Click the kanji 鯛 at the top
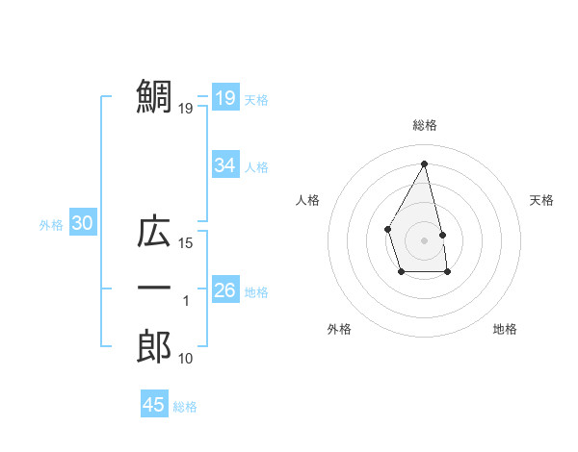pyautogui.click(x=154, y=96)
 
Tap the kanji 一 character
pyautogui.click(x=154, y=289)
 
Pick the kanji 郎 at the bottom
pyautogui.click(x=154, y=345)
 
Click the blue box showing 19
pyautogui.click(x=224, y=97)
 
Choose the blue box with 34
pyautogui.click(x=224, y=165)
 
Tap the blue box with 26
pyautogui.click(x=224, y=289)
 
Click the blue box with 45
pyautogui.click(x=153, y=405)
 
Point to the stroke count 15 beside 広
pyautogui.click(x=186, y=243)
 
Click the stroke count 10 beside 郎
pyautogui.click(x=186, y=359)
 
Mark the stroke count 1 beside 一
pyautogui.click(x=186, y=301)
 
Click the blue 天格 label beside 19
pyautogui.click(x=256, y=99)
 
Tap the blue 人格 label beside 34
pyautogui.click(x=256, y=167)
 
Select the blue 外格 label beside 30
pyautogui.click(x=51, y=225)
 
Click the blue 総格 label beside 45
pyautogui.click(x=185, y=407)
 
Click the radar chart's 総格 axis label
pyautogui.click(x=424, y=125)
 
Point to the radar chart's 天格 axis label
pyautogui.click(x=542, y=200)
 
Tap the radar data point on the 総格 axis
pyautogui.click(x=424, y=163)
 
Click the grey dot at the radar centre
pyautogui.click(x=424, y=239)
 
